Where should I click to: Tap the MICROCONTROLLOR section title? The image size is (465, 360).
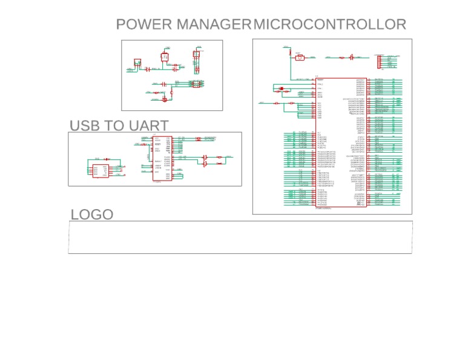pos(330,25)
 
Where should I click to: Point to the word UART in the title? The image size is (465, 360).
pos(149,125)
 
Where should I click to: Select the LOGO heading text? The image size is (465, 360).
pos(92,215)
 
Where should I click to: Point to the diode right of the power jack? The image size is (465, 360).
pos(151,69)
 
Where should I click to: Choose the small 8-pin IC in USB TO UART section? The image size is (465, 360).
pos(101,171)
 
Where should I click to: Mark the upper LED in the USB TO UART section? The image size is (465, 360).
pos(205,158)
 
